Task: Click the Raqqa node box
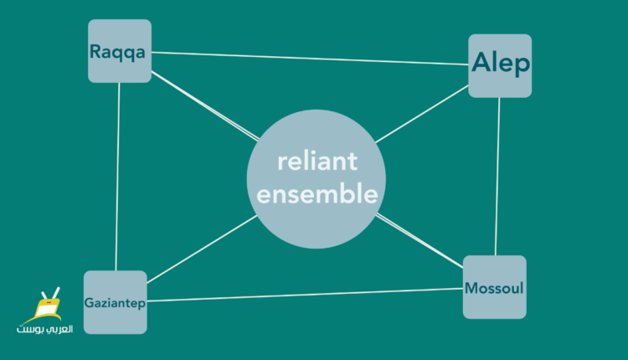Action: (120, 51)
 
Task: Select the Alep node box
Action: (500, 65)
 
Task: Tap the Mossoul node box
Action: (495, 287)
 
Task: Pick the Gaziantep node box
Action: (116, 302)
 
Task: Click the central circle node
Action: (317, 179)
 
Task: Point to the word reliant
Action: (317, 161)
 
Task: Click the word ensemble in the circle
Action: (317, 194)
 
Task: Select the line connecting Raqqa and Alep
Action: (310, 58)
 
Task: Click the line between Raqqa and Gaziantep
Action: (117, 177)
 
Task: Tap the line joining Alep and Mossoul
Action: (497, 177)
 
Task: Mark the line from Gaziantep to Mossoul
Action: (305, 295)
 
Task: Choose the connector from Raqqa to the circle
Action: (205, 106)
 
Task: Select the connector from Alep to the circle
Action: (422, 114)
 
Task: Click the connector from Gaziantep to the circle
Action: (203, 249)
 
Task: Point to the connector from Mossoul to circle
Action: (420, 240)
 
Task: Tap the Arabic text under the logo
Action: (45, 329)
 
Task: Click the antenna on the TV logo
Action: (50, 294)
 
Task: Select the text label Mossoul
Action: (494, 288)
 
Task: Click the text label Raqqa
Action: (117, 52)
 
